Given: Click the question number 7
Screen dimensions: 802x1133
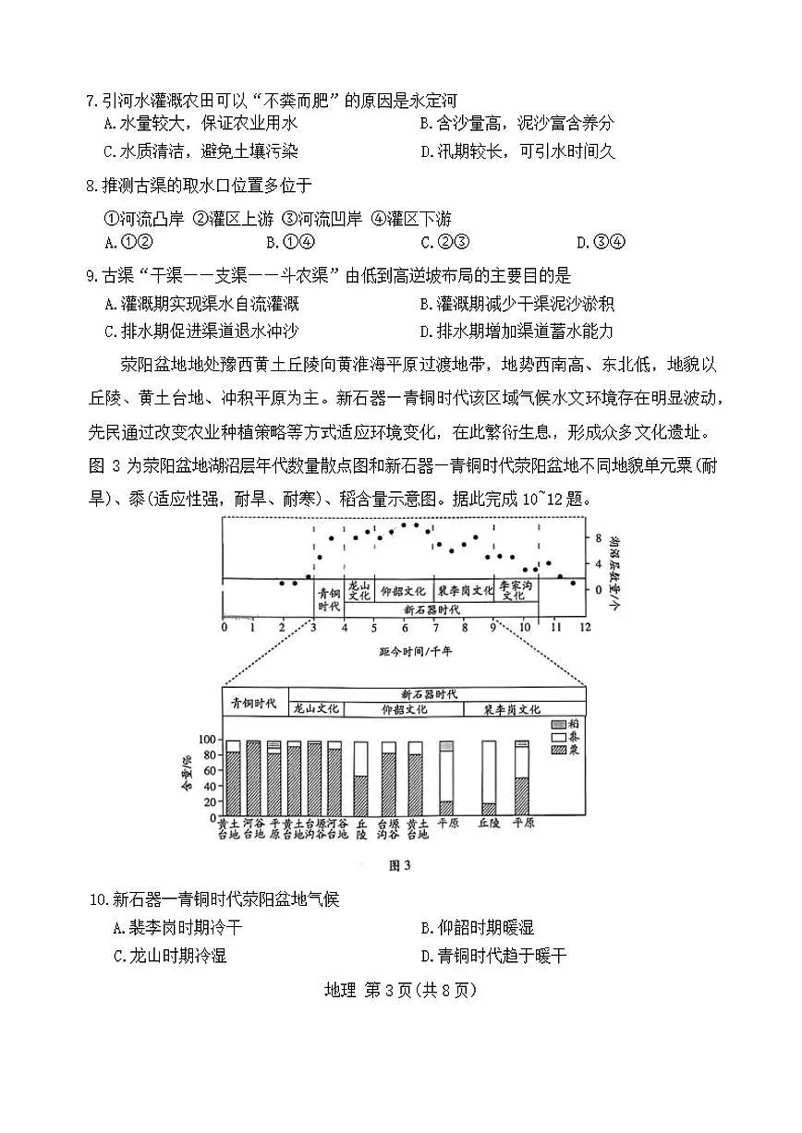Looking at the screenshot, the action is click(90, 101).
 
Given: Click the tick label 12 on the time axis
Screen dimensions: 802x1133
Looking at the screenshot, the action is click(585, 628).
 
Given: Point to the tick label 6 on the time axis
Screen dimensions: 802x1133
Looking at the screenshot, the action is click(405, 628).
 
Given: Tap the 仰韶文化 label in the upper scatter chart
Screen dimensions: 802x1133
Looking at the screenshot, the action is click(403, 589).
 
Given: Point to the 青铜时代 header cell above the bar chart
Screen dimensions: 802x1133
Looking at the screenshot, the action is click(254, 703).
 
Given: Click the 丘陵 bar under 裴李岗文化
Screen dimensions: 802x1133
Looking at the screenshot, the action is click(489, 777).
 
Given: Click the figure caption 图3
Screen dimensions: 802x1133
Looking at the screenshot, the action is click(400, 866).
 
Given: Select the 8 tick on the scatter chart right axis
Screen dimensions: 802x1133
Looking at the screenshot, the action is click(599, 537).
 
